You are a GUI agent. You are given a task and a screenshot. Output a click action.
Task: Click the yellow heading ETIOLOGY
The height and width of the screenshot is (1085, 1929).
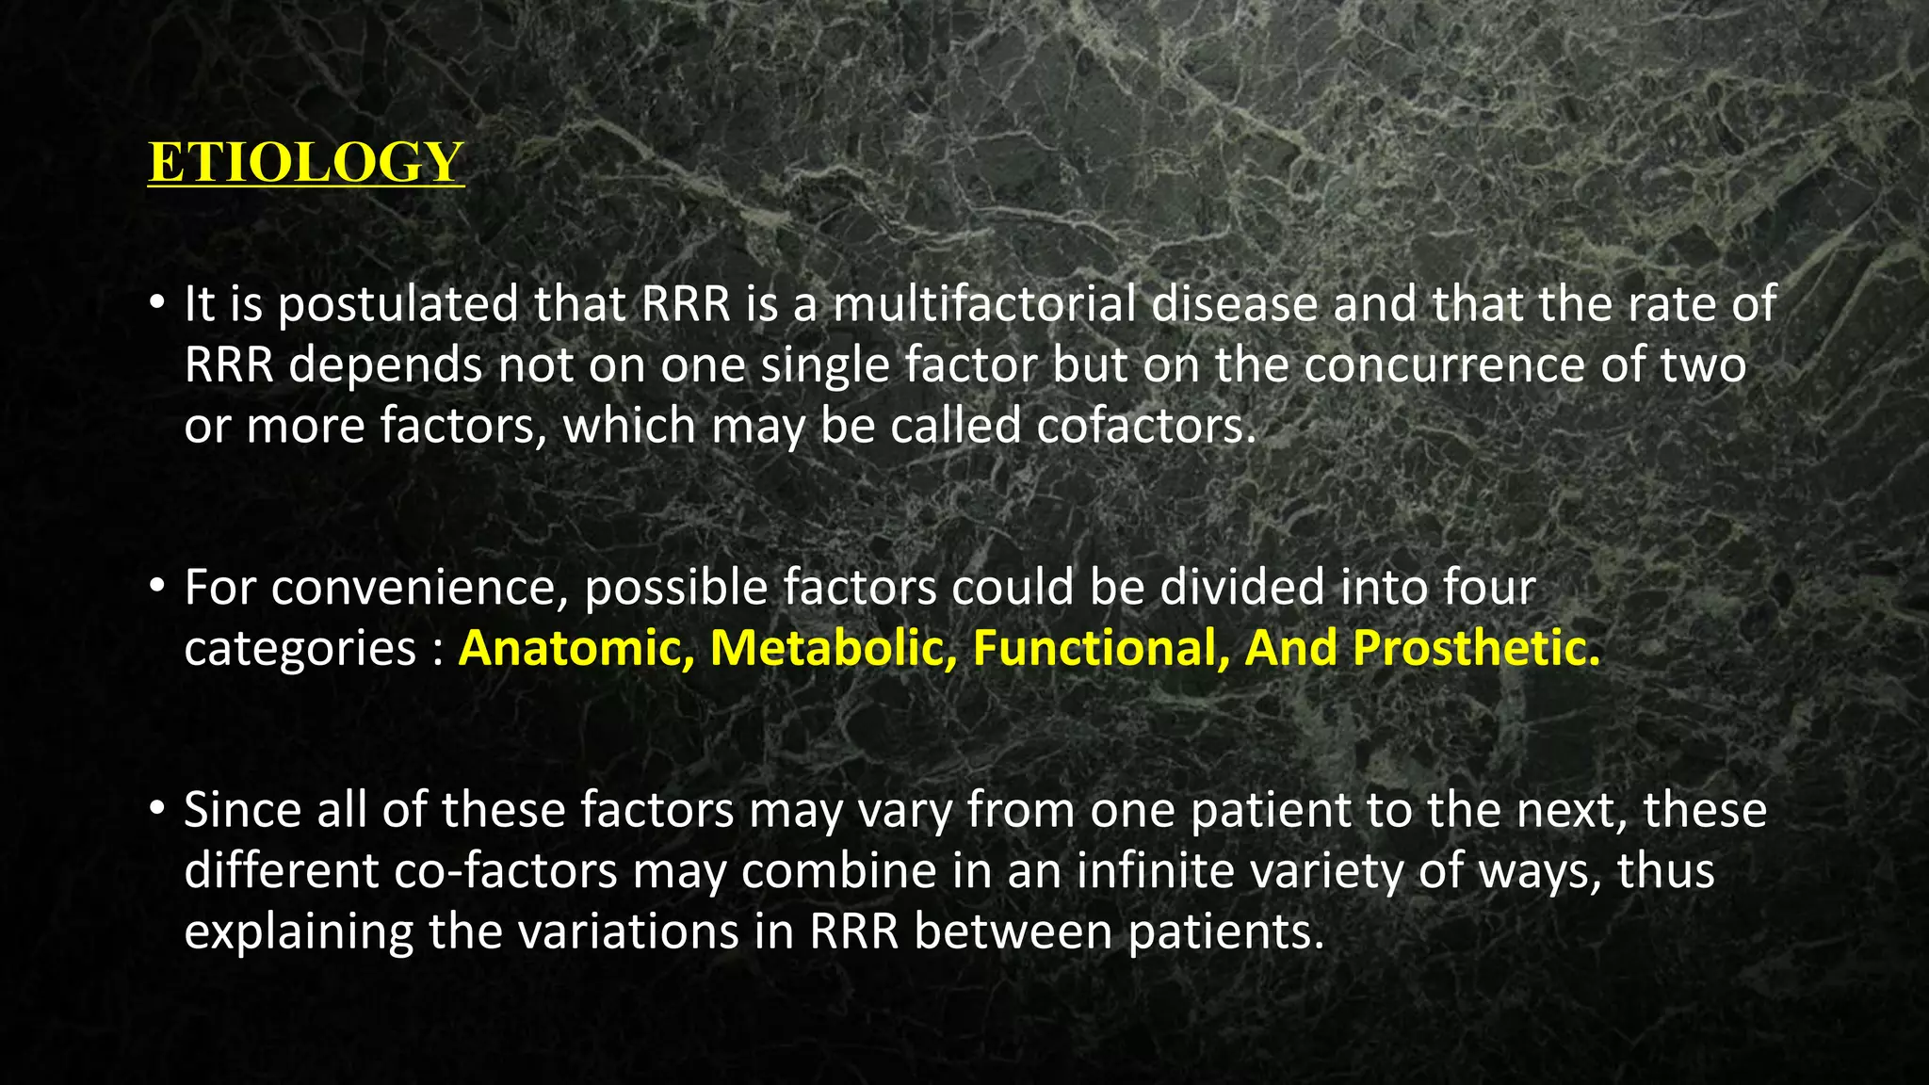306,162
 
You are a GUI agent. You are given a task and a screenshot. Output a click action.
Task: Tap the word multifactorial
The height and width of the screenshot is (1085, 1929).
984,305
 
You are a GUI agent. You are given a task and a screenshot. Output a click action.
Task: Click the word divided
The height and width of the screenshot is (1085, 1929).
1242,588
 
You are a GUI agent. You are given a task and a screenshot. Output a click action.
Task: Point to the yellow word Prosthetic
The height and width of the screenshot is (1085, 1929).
1477,648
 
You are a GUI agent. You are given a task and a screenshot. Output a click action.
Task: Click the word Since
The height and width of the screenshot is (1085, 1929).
242,810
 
